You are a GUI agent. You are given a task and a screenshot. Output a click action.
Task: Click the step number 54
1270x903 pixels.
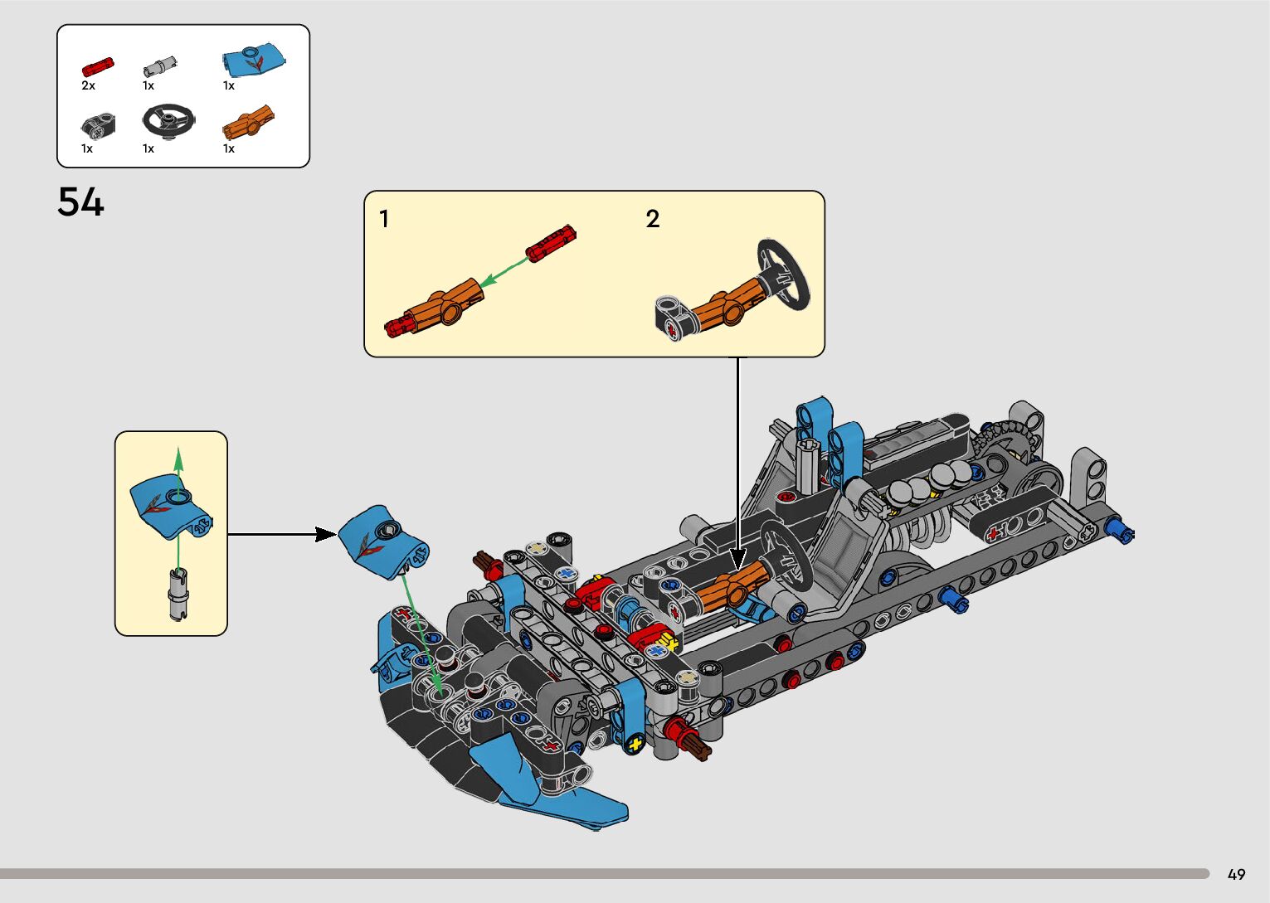pyautogui.click(x=80, y=202)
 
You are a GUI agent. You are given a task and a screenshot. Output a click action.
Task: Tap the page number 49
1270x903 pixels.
pyautogui.click(x=1236, y=874)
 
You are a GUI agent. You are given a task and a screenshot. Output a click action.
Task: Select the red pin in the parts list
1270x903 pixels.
pyautogui.click(x=97, y=66)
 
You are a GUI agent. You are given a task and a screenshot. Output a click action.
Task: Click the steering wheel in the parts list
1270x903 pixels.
pyautogui.click(x=168, y=120)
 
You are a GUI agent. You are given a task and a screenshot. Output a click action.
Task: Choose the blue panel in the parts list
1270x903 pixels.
pyautogui.click(x=253, y=60)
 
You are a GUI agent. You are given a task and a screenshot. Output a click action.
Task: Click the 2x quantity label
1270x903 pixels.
pyautogui.click(x=88, y=85)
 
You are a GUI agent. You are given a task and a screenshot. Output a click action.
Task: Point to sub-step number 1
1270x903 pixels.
pyautogui.click(x=384, y=219)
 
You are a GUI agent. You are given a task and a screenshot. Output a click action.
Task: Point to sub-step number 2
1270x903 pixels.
pyautogui.click(x=653, y=219)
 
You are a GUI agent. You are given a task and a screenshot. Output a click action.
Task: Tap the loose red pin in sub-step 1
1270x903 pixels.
pyautogui.click(x=550, y=243)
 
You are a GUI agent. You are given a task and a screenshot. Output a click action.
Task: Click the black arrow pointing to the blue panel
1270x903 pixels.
pyautogui.click(x=282, y=534)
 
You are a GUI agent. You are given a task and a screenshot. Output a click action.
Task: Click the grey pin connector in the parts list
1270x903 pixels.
pyautogui.click(x=159, y=66)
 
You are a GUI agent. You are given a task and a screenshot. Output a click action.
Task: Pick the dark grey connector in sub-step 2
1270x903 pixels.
pyautogui.click(x=673, y=317)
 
